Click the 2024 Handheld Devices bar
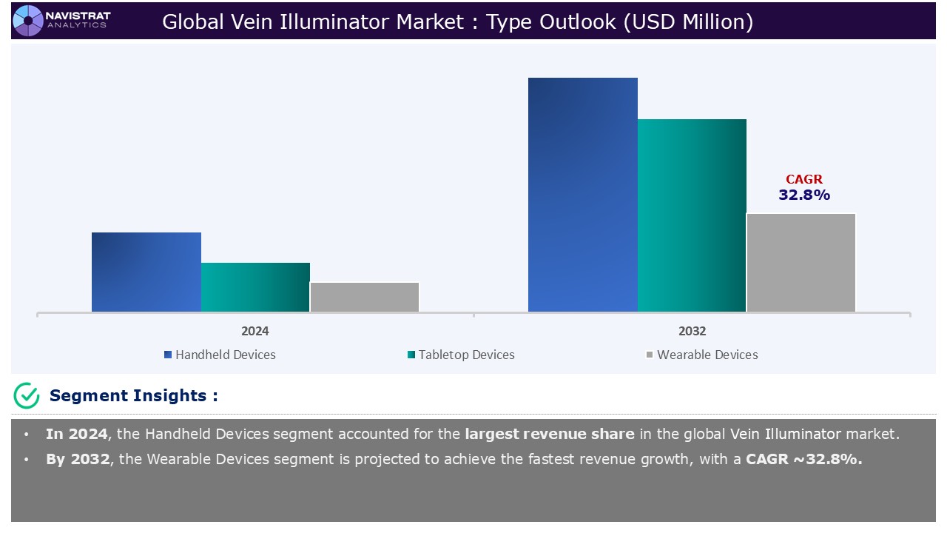coord(146,272)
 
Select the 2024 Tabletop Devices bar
coord(255,287)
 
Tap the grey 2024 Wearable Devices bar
coord(364,297)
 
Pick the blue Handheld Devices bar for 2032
coord(582,195)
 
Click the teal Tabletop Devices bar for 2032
coord(692,215)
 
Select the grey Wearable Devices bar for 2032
coord(801,263)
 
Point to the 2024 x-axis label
coord(255,331)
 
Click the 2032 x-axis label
coord(692,331)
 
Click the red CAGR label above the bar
coord(803,179)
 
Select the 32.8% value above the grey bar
coord(803,195)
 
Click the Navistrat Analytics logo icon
coord(28,20)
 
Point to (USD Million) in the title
coord(688,22)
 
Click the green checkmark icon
coord(27,395)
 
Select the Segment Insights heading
coord(133,395)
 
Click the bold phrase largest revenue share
coord(549,435)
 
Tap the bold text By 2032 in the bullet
coord(77,459)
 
